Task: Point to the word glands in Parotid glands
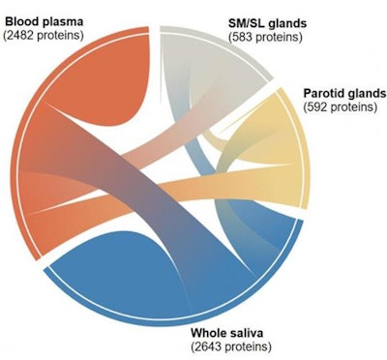pos(365,93)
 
